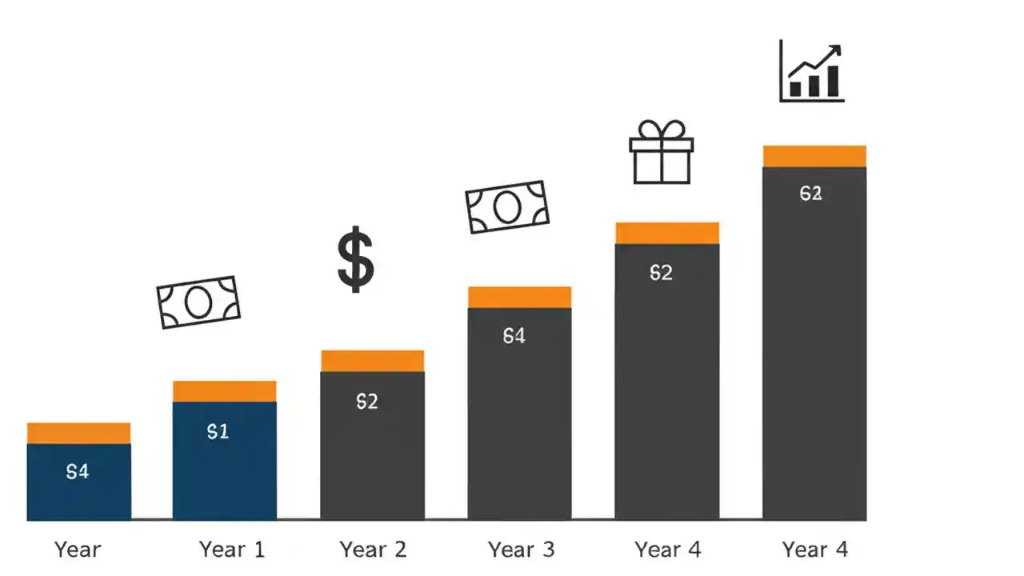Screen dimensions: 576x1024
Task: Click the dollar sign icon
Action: point(355,259)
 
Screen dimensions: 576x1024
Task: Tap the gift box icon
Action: point(661,154)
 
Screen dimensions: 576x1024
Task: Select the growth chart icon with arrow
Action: point(811,73)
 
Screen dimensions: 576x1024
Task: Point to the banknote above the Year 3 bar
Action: point(507,206)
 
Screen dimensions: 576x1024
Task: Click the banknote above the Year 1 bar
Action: point(198,302)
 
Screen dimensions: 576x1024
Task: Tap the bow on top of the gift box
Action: point(661,130)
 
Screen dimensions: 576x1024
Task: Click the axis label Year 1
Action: point(231,550)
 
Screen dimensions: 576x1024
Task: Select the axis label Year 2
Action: point(373,550)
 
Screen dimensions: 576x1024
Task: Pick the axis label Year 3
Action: point(521,550)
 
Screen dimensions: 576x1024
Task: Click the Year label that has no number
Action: point(78,550)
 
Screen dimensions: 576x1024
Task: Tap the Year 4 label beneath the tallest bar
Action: point(814,550)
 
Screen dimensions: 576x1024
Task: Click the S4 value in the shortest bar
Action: point(78,472)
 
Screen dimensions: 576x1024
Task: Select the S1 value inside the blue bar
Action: point(218,432)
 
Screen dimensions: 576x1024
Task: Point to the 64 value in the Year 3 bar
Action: point(514,337)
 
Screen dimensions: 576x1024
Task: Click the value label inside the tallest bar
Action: point(810,194)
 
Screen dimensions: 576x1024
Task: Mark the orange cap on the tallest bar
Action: point(814,156)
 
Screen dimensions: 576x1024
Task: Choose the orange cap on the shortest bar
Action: point(78,433)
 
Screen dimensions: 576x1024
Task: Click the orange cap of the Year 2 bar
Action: point(373,361)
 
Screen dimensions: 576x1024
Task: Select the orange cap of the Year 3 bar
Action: point(520,297)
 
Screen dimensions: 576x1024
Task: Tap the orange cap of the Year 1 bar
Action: point(225,391)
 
